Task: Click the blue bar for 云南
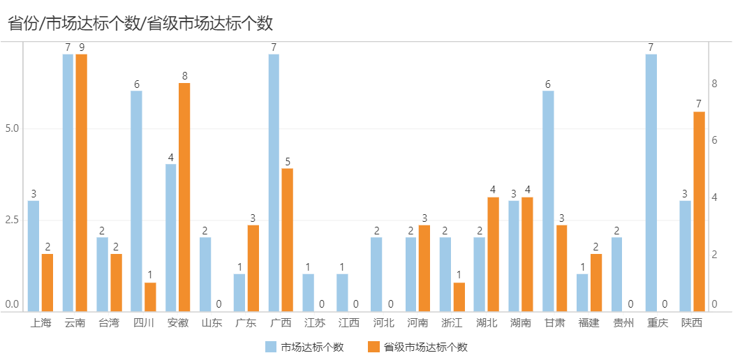68,183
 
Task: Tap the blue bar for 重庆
651,183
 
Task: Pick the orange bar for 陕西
699,211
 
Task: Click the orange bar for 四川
150,297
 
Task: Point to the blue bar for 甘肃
548,201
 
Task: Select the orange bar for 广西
287,240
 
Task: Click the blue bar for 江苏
308,293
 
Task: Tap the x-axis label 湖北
487,323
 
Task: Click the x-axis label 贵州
623,323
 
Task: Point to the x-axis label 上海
40,323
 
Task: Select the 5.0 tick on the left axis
12,129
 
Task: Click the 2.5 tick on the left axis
12,220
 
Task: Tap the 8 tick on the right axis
714,84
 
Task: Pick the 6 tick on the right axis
714,140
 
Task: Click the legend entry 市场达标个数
305,347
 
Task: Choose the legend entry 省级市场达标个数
417,347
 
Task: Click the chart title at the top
140,23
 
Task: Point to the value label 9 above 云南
82,47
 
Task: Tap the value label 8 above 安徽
184,76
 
